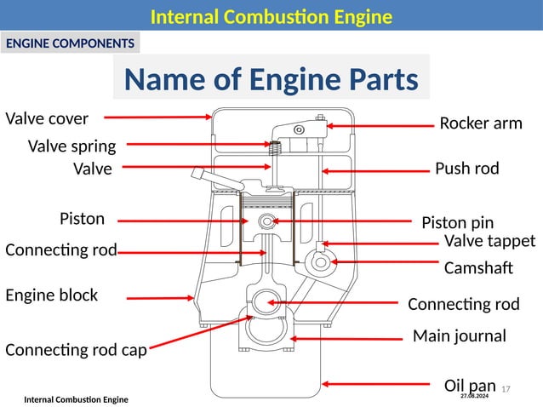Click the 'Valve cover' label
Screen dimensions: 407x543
click(47, 118)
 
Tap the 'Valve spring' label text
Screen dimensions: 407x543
click(71, 146)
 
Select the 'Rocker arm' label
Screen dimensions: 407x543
click(480, 123)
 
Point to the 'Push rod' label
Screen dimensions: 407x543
click(466, 169)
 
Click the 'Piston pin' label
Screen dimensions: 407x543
click(457, 223)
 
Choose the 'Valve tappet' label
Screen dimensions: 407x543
click(489, 242)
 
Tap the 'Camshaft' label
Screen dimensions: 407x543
click(478, 268)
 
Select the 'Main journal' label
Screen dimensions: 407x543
click(459, 336)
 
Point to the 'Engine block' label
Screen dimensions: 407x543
click(51, 295)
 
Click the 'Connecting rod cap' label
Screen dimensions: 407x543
click(76, 349)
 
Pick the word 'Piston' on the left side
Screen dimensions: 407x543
click(82, 219)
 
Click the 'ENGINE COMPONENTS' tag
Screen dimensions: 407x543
click(71, 43)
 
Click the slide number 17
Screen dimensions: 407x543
click(506, 389)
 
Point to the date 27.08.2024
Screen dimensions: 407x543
click(474, 397)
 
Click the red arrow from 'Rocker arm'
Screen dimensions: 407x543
click(380, 126)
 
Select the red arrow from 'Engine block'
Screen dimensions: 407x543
click(161, 298)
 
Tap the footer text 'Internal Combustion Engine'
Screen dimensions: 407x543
click(76, 399)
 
